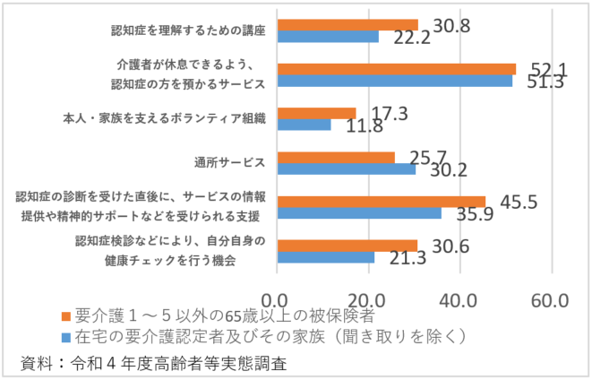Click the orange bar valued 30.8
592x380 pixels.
347,25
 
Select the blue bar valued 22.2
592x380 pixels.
328,37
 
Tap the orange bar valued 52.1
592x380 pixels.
397,69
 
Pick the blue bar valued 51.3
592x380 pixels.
395,81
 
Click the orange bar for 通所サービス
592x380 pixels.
336,157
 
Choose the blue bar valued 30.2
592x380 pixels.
347,168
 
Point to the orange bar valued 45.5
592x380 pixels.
382,202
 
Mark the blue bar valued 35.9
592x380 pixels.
359,213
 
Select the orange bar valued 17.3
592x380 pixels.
317,113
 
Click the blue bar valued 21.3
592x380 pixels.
326,257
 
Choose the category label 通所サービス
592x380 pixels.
228,163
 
